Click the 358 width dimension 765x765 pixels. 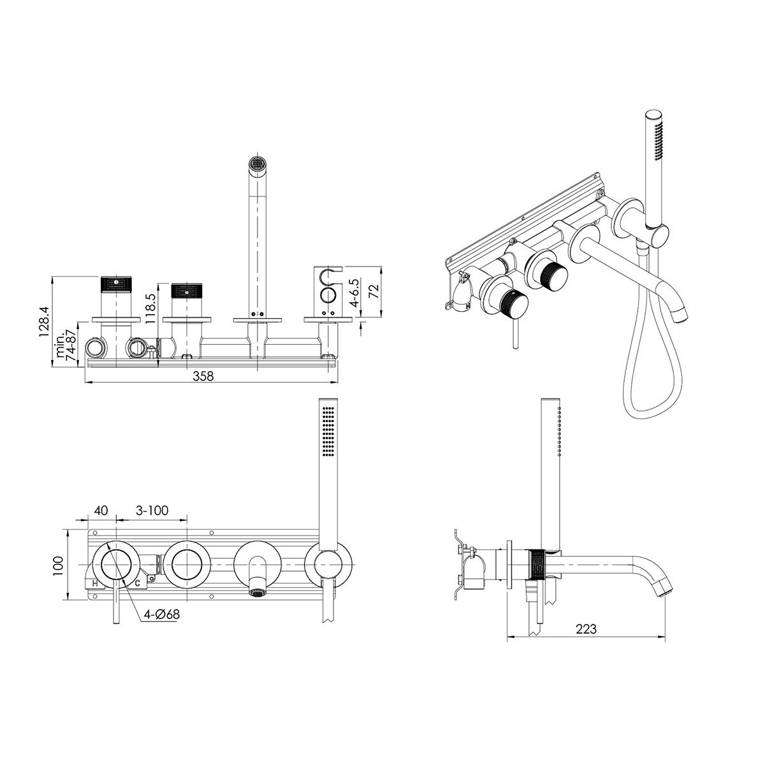click(x=203, y=375)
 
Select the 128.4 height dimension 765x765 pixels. click(x=44, y=321)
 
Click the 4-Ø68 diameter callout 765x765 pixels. click(x=161, y=615)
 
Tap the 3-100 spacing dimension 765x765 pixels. click(x=152, y=510)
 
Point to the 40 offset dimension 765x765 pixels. click(x=101, y=510)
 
